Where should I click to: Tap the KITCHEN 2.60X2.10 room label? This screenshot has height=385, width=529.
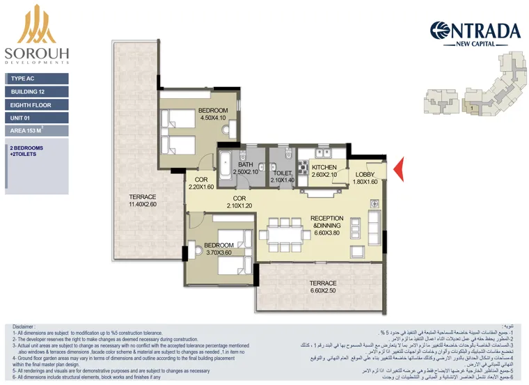(x=324, y=171)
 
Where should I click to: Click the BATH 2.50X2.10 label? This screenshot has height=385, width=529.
(x=246, y=168)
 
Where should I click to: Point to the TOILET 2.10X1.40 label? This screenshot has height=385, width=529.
(x=283, y=177)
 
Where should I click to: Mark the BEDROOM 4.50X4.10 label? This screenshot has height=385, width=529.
(x=213, y=114)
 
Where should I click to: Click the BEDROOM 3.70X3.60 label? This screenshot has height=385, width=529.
(x=218, y=249)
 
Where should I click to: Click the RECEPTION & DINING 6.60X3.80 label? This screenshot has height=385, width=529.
(x=326, y=226)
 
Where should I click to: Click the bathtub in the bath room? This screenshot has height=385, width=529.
(x=226, y=166)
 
